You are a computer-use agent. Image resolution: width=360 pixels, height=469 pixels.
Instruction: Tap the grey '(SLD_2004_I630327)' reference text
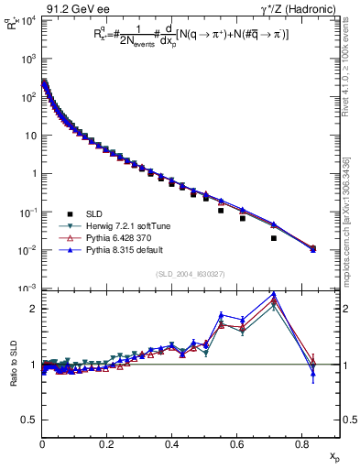point(191,273)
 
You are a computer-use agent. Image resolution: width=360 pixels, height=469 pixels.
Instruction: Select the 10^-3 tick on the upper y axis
point(28,289)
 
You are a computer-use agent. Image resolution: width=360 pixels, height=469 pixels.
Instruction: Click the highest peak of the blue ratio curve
point(274,294)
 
